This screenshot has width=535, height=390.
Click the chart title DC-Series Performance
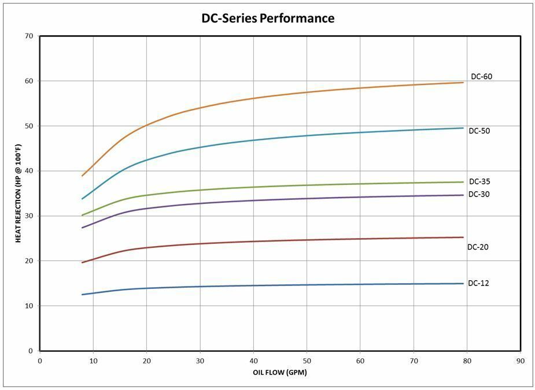coord(267,18)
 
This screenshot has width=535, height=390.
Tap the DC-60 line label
coord(481,76)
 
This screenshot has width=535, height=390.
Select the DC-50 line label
coord(479,131)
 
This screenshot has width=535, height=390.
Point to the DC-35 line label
coord(479,181)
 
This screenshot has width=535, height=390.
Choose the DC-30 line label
coord(479,194)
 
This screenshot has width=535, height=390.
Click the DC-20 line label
coord(478,247)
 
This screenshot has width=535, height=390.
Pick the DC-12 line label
coord(478,283)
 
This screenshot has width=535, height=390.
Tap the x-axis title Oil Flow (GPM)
coord(280,372)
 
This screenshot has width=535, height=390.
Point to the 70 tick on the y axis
coord(29,36)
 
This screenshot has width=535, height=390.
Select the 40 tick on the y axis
coord(29,171)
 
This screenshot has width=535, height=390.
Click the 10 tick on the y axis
coord(29,306)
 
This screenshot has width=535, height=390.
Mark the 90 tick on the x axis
coord(521,360)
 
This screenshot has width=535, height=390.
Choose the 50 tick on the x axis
coord(307,360)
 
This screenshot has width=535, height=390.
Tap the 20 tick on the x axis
coord(146,360)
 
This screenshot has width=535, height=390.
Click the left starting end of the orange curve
coord(82,176)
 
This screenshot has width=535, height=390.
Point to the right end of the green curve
coord(463,182)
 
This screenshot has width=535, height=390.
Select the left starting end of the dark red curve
coord(82,262)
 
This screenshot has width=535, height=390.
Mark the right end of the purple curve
coord(463,195)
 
